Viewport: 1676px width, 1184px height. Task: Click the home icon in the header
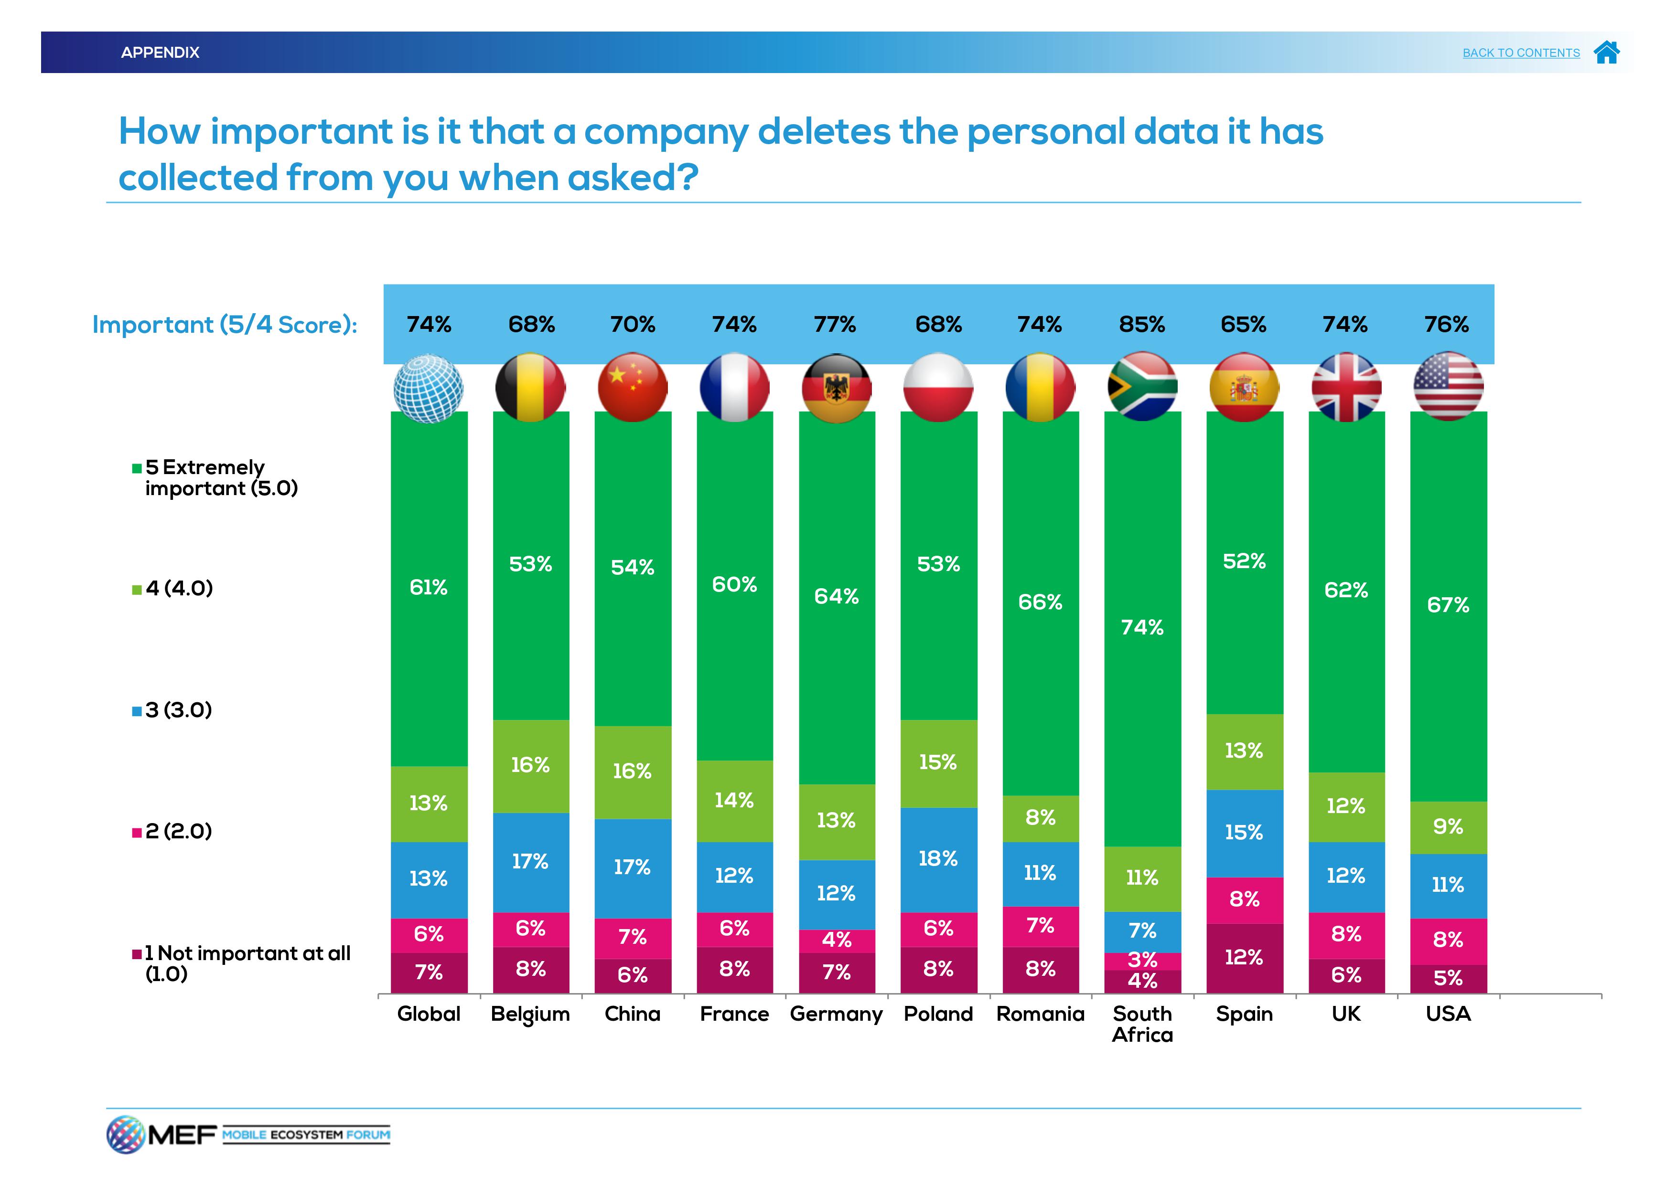pyautogui.click(x=1607, y=53)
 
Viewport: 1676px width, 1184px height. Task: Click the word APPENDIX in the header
pyautogui.click(x=160, y=53)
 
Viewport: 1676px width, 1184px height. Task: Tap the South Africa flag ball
pyautogui.click(x=1142, y=387)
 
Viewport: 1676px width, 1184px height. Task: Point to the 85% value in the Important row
pyautogui.click(x=1142, y=325)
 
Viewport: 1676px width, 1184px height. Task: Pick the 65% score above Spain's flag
pyautogui.click(x=1243, y=325)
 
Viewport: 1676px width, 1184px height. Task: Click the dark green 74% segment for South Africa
pyautogui.click(x=1142, y=627)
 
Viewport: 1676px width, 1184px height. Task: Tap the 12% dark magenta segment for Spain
pyautogui.click(x=1244, y=958)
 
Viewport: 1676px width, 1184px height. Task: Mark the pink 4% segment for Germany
pyautogui.click(x=837, y=941)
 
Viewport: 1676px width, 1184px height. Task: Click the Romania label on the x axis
pyautogui.click(x=1040, y=1014)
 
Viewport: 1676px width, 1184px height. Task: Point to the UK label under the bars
pyautogui.click(x=1346, y=1014)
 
